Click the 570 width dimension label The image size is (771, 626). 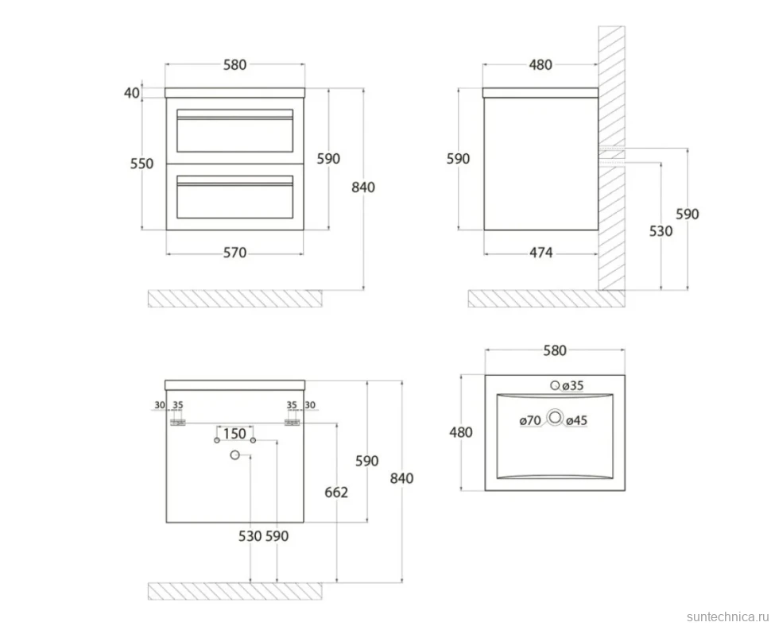[234, 253]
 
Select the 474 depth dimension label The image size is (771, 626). [540, 253]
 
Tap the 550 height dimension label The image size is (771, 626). [141, 164]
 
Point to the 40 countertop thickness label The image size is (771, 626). [132, 93]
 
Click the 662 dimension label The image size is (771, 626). [336, 492]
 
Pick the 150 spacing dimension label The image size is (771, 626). [234, 434]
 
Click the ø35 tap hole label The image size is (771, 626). [573, 386]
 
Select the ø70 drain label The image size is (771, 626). [530, 420]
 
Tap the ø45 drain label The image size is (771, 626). [576, 420]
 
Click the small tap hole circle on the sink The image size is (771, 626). [555, 386]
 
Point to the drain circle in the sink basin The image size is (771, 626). [555, 418]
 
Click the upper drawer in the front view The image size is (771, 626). [234, 131]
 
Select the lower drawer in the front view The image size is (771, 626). [234, 197]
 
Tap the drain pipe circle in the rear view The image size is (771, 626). [235, 455]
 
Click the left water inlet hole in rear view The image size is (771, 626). [217, 440]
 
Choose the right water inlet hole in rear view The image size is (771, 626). [254, 440]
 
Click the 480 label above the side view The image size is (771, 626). [540, 65]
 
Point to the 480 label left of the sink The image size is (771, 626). [461, 432]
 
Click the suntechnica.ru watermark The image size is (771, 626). [728, 616]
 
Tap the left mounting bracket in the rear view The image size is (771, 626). [177, 423]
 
